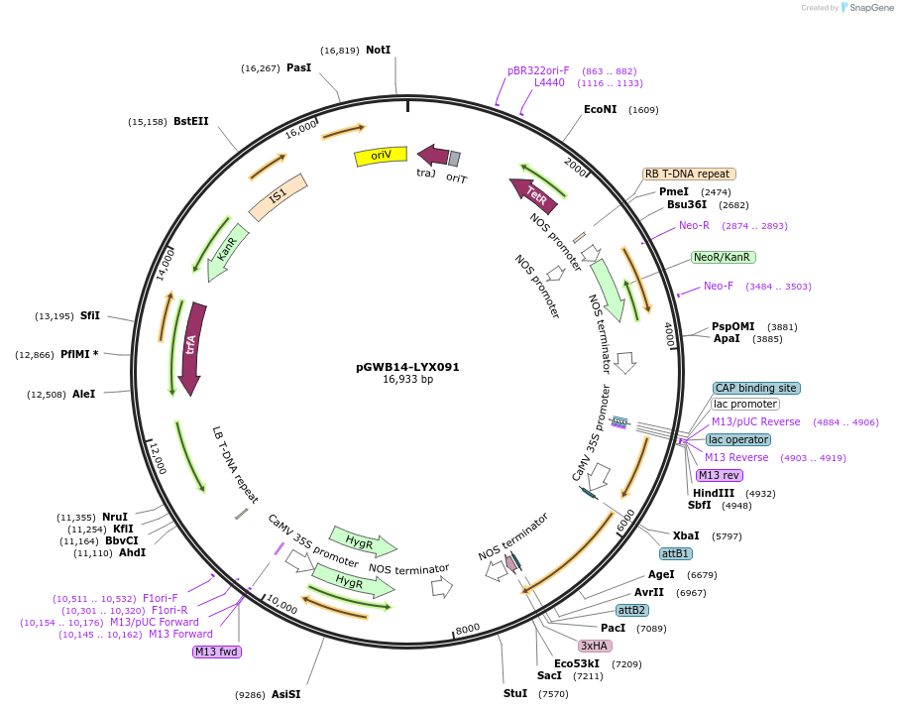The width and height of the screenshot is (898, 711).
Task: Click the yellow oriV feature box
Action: [381, 156]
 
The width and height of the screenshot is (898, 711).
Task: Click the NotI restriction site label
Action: [378, 50]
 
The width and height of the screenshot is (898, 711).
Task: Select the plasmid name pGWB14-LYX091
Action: [407, 367]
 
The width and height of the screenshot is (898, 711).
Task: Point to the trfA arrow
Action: [191, 347]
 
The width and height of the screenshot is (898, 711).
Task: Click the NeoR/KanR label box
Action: [723, 257]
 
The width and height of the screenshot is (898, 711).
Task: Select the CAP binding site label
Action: [755, 388]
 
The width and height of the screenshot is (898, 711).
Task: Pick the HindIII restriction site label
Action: [713, 493]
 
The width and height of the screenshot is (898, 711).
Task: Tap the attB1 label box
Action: [675, 552]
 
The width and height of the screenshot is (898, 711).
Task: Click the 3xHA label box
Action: [595, 646]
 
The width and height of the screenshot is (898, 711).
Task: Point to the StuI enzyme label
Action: [515, 693]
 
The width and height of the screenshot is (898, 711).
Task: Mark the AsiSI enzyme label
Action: [285, 694]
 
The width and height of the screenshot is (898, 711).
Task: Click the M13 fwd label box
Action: [217, 652]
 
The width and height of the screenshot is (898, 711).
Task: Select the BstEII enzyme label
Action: [191, 121]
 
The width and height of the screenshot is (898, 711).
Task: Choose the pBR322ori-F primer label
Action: [538, 70]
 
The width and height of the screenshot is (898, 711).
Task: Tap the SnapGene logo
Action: [864, 8]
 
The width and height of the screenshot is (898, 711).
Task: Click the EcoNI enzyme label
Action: [600, 109]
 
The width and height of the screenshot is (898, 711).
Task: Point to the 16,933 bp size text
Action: [407, 380]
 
